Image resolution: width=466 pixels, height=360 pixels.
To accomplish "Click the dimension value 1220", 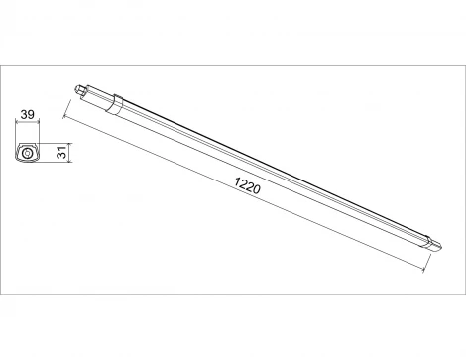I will [249, 186].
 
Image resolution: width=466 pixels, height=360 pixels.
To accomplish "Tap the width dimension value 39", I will [28, 116].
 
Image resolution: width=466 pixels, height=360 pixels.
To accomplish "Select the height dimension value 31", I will [60, 153].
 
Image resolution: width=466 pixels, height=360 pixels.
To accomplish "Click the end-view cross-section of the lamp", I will [28, 152].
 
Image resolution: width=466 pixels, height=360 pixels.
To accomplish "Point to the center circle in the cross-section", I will [26, 152].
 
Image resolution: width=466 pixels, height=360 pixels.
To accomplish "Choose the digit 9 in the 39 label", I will [32, 116].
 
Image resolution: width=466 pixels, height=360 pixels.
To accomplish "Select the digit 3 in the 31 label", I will [60, 156].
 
